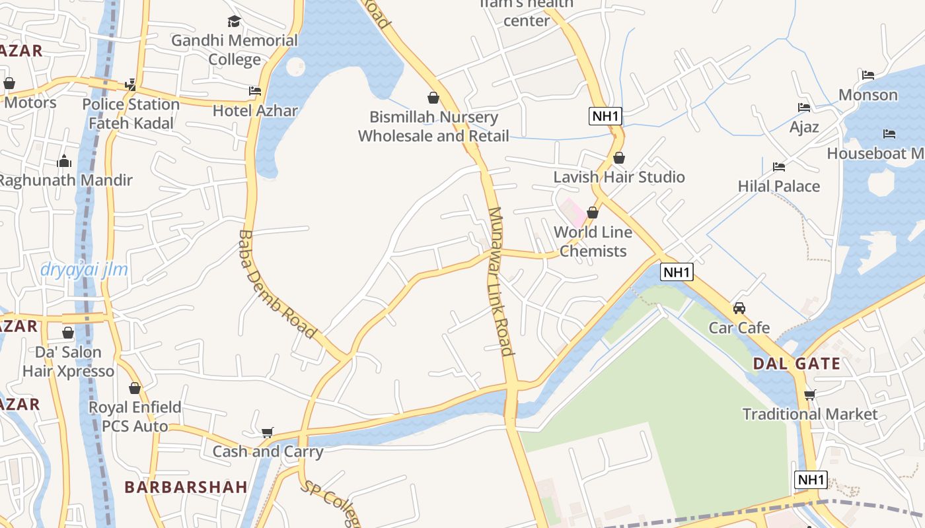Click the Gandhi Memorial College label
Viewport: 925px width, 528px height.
pyautogui.click(x=235, y=50)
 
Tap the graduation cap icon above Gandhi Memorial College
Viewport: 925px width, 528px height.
pyautogui.click(x=235, y=22)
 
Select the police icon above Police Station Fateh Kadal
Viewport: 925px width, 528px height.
pyautogui.click(x=131, y=84)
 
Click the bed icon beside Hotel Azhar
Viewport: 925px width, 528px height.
pyautogui.click(x=255, y=91)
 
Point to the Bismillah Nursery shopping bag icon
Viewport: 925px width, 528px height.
pyautogui.click(x=433, y=98)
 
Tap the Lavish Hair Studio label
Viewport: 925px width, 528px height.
pyautogui.click(x=618, y=177)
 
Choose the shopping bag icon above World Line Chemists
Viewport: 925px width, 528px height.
pyautogui.click(x=593, y=213)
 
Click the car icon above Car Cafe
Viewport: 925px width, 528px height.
pyautogui.click(x=739, y=308)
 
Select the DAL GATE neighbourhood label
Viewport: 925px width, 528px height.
pyautogui.click(x=796, y=364)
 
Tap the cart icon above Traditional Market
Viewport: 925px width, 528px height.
pyautogui.click(x=810, y=395)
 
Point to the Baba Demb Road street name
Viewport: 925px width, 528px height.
pyautogui.click(x=277, y=284)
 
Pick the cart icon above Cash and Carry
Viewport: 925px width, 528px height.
pyautogui.click(x=268, y=432)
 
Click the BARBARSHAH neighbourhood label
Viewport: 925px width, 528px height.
pyautogui.click(x=186, y=487)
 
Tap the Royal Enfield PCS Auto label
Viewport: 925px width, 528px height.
pyautogui.click(x=135, y=416)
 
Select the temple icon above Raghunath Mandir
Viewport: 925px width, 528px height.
pyautogui.click(x=64, y=161)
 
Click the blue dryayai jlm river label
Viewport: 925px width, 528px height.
pyautogui.click(x=84, y=269)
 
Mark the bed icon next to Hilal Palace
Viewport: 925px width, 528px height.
pyautogui.click(x=780, y=167)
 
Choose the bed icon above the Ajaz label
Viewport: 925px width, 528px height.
pyautogui.click(x=804, y=108)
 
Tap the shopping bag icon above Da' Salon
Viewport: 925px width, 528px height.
pyautogui.click(x=68, y=333)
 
